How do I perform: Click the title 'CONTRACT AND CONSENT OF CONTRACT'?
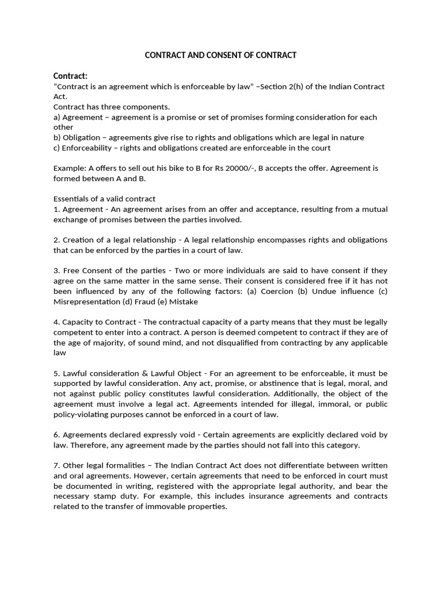click(x=220, y=55)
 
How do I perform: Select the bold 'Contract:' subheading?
click(x=71, y=76)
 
